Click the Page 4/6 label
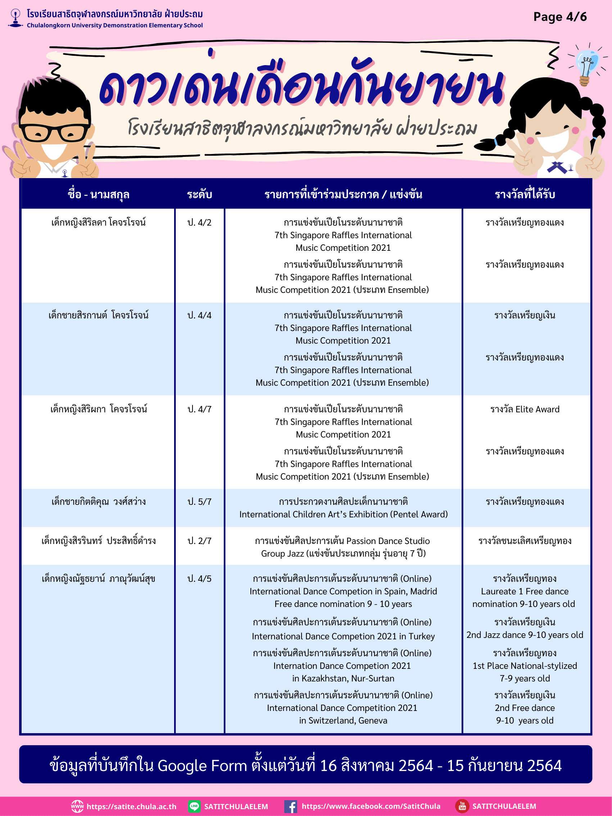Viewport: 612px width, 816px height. click(x=559, y=17)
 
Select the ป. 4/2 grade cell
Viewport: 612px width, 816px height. click(x=199, y=222)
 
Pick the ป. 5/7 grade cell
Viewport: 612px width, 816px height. click(x=199, y=502)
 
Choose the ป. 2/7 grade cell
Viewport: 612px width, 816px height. click(x=199, y=541)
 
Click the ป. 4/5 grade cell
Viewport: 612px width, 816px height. click(x=199, y=579)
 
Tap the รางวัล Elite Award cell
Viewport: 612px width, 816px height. click(x=525, y=409)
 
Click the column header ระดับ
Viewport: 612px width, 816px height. click(x=199, y=194)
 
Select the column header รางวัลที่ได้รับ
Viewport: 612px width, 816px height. click(x=525, y=194)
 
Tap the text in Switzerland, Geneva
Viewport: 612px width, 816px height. click(x=343, y=720)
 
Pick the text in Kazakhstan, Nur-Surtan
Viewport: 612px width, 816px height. click(x=343, y=679)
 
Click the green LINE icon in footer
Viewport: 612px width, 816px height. click(x=194, y=806)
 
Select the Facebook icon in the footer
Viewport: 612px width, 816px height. click(x=290, y=806)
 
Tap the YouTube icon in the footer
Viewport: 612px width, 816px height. click(x=462, y=806)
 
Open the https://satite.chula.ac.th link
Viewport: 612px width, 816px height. click(x=131, y=806)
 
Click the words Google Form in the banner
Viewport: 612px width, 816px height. click(x=202, y=766)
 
